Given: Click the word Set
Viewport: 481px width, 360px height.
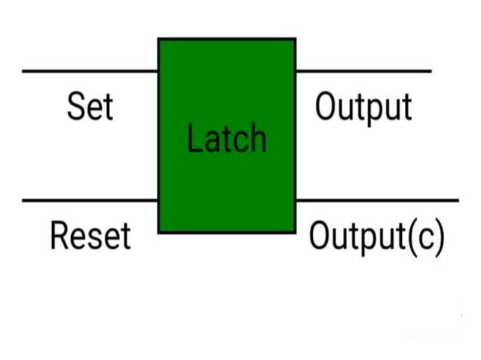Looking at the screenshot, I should click(x=90, y=107).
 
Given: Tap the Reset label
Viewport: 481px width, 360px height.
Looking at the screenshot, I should click(x=90, y=236).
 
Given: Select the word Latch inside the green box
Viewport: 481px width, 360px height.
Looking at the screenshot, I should click(x=226, y=139).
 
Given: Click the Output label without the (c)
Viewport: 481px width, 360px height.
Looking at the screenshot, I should click(x=363, y=108).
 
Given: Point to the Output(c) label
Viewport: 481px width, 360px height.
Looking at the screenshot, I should click(x=377, y=236).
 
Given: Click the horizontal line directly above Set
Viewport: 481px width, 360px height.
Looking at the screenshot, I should click(x=90, y=72).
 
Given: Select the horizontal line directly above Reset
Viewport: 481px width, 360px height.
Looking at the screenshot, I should click(x=90, y=200).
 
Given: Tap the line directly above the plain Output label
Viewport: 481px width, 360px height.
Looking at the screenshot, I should click(x=363, y=72).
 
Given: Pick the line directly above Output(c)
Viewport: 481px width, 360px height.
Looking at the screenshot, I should click(x=377, y=200).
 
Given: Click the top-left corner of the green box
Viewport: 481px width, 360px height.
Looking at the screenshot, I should click(x=158, y=39).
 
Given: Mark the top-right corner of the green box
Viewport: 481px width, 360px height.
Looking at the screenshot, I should click(x=295, y=39).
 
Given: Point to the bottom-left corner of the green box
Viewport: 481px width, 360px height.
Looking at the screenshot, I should click(x=158, y=231).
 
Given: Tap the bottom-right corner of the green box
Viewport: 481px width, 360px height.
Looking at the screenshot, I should click(x=295, y=231).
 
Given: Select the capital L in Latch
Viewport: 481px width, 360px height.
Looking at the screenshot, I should click(x=194, y=139).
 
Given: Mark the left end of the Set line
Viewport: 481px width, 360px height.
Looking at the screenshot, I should click(x=23, y=72).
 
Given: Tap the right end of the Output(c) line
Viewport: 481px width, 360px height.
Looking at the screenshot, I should click(x=457, y=200).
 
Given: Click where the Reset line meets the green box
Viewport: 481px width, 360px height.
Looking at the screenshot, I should click(x=158, y=200).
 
